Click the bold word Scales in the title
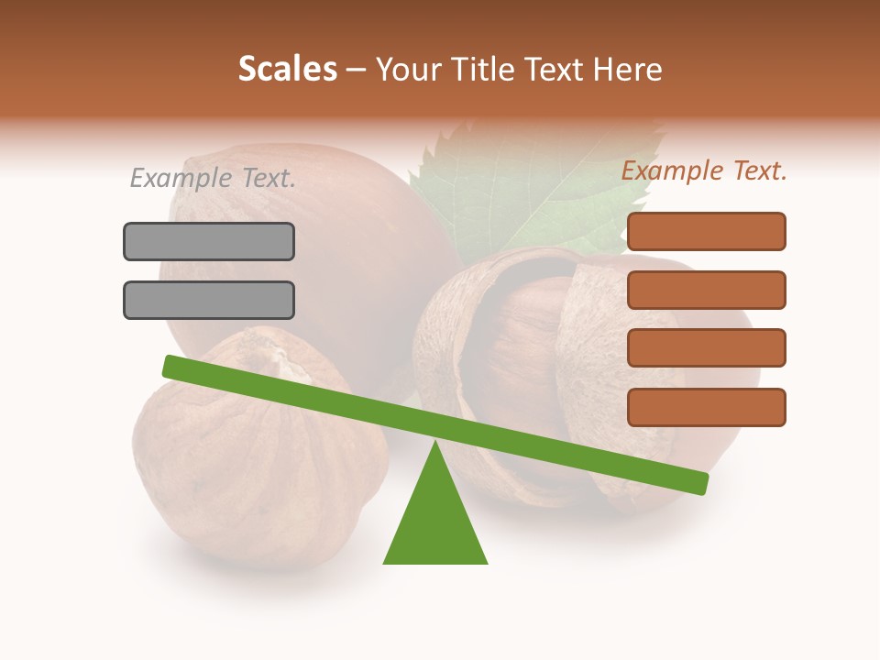tap(287, 69)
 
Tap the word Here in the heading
tap(628, 69)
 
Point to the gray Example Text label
tap(213, 178)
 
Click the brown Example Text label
tap(704, 170)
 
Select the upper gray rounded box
tap(209, 241)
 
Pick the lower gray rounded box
tap(209, 300)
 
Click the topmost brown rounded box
tap(706, 231)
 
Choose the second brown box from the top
tap(706, 290)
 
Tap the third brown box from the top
tap(706, 348)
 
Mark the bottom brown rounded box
tap(706, 407)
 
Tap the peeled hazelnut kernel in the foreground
tap(247, 458)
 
